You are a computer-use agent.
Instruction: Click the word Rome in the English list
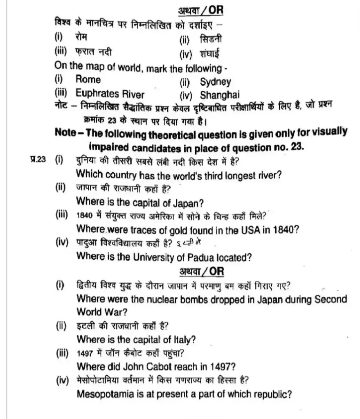(x=88, y=79)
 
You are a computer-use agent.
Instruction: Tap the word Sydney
(x=215, y=82)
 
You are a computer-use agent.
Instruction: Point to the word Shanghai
(x=220, y=95)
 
